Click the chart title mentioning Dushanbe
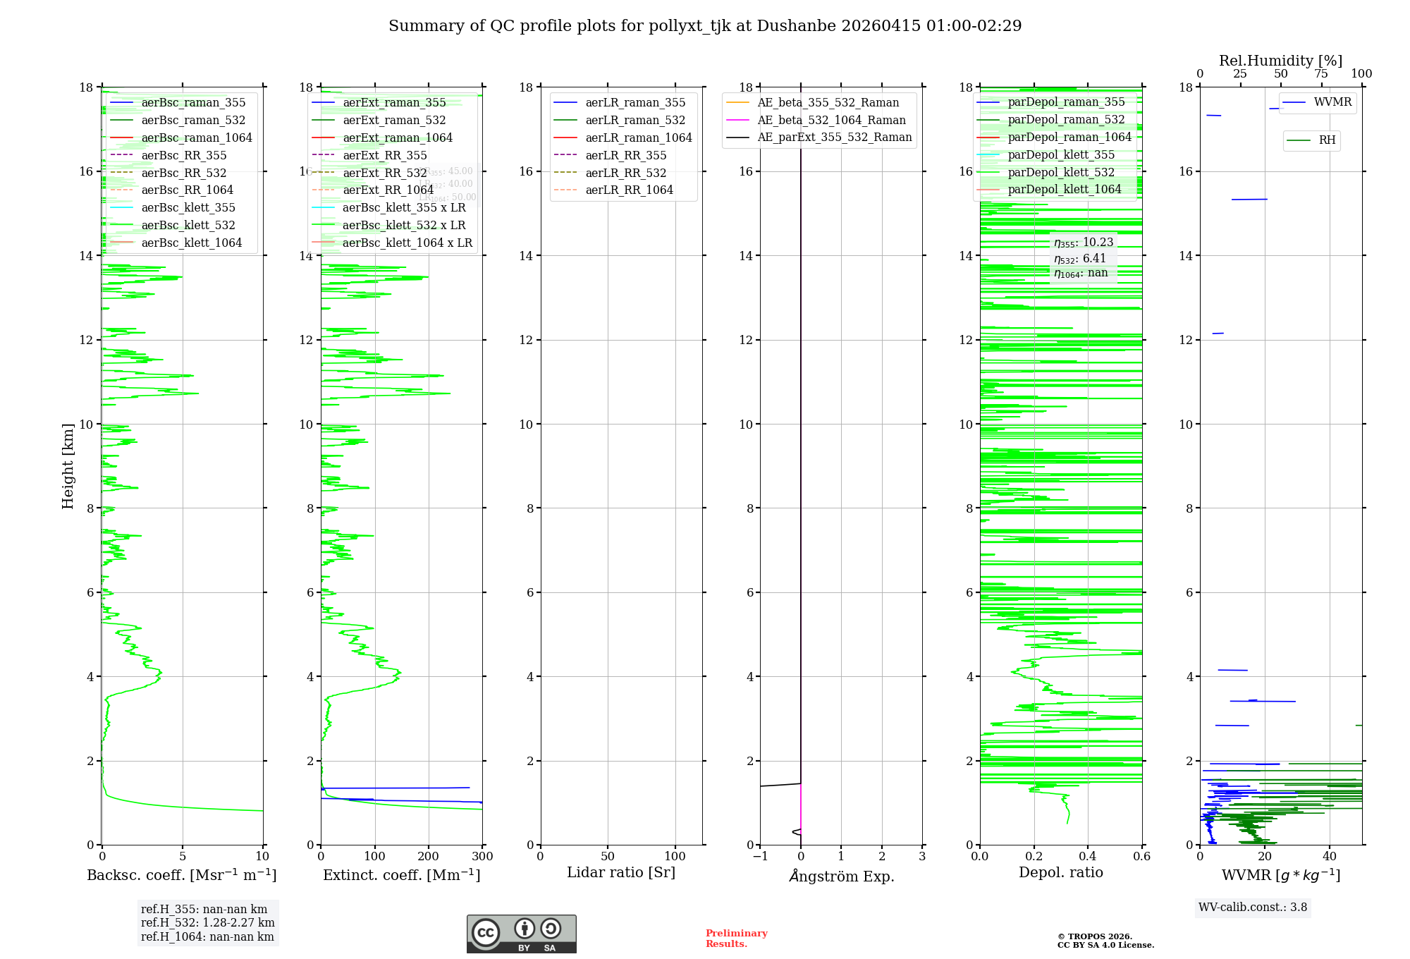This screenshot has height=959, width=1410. point(705,26)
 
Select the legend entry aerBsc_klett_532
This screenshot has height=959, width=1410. point(188,225)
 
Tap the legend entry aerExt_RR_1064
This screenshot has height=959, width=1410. point(388,190)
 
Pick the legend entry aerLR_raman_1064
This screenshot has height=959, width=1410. point(638,138)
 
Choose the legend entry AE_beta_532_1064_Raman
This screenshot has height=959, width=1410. point(831,120)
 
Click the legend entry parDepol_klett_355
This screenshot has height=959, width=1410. point(1061,154)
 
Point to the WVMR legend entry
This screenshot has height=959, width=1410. point(1332,102)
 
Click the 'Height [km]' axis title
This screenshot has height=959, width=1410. point(68,465)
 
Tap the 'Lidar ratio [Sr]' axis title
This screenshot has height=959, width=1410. point(621,872)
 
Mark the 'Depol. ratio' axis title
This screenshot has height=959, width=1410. point(1060,872)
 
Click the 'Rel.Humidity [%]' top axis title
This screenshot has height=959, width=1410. point(1280,61)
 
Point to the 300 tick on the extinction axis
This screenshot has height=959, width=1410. point(483,857)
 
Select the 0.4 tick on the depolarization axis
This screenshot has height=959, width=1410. point(1088,857)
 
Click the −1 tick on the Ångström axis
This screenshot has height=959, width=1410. point(760,857)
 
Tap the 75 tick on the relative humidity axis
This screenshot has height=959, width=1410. point(1320,74)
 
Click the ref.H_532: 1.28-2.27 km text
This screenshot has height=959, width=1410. point(207,922)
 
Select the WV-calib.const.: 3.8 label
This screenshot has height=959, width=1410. point(1253,908)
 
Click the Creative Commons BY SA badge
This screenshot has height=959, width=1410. point(521,934)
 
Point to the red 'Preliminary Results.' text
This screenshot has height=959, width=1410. point(736,939)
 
